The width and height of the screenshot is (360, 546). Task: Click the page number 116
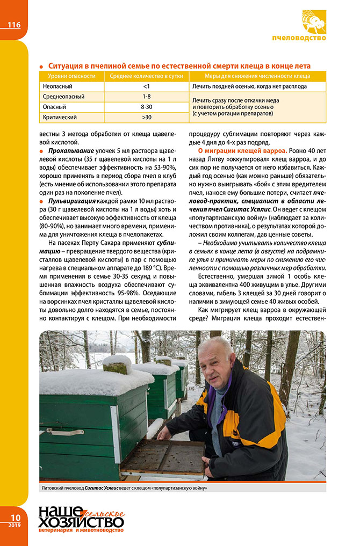point(14,25)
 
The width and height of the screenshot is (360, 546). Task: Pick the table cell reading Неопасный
point(57,86)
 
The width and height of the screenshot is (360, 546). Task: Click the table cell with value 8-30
point(146,107)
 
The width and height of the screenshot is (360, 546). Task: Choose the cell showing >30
point(146,117)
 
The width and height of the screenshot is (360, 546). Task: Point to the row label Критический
point(60,117)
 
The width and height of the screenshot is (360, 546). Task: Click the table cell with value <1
point(146,86)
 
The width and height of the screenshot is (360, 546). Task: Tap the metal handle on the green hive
point(65,431)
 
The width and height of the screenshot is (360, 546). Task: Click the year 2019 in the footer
point(14,525)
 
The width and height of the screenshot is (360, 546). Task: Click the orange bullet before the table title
point(41,65)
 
